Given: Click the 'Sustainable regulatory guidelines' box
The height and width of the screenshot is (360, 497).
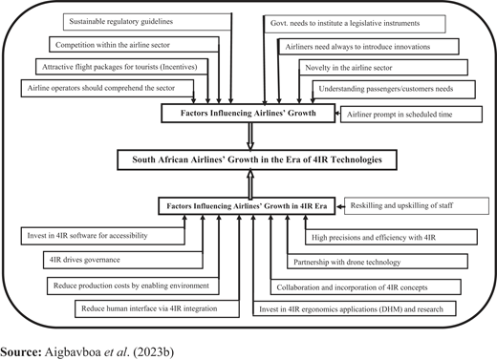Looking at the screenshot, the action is tap(147, 22).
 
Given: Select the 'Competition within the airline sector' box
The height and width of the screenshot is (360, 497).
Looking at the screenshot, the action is tap(134, 45).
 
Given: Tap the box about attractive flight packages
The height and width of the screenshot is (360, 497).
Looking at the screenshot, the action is tap(122, 67).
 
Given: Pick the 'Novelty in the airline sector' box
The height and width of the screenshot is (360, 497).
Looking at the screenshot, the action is tap(383, 68).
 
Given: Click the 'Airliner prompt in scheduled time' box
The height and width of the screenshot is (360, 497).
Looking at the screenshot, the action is tap(411, 115).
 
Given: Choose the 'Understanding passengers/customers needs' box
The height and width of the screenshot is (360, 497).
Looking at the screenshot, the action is tap(394, 89).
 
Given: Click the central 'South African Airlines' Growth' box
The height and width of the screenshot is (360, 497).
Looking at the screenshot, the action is tap(257, 159).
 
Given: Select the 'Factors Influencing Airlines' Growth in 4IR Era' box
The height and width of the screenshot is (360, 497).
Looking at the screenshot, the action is tap(247, 206).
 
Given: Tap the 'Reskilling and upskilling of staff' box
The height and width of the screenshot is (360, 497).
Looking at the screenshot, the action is tap(417, 205).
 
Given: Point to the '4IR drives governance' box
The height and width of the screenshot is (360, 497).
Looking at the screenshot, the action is tap(123, 260).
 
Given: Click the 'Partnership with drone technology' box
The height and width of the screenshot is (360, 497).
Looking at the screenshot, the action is tap(378, 262).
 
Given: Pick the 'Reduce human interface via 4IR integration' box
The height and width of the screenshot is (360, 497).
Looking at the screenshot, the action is tap(157, 308).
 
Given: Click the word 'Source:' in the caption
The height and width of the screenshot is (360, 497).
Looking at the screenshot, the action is tap(21, 352).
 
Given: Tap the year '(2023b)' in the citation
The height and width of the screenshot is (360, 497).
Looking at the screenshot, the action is tap(154, 352).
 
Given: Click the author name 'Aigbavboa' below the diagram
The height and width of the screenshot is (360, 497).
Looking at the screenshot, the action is tap(74, 352).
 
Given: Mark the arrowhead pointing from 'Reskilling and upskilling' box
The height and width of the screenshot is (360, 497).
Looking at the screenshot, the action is tap(339, 206).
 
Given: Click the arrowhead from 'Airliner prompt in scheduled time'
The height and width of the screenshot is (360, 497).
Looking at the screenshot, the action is tap(337, 113).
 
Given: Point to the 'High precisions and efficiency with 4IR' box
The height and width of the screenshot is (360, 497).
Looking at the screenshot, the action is tap(391, 237).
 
